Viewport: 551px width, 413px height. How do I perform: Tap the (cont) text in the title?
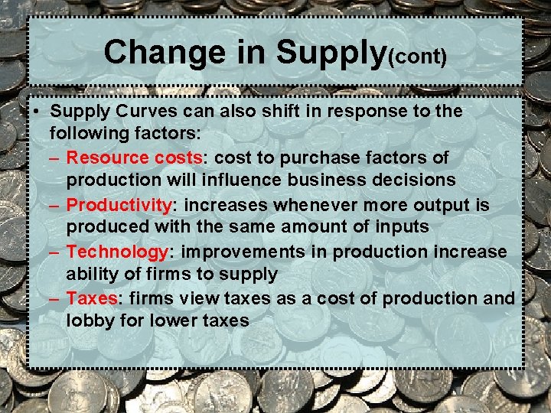click(x=418, y=57)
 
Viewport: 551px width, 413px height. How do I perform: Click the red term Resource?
click(x=107, y=157)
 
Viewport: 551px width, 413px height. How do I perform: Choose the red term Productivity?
click(x=118, y=205)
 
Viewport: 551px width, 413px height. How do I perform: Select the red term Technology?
click(x=116, y=252)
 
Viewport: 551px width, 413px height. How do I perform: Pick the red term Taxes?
click(x=91, y=298)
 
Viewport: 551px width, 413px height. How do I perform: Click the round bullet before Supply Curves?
click(x=36, y=112)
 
